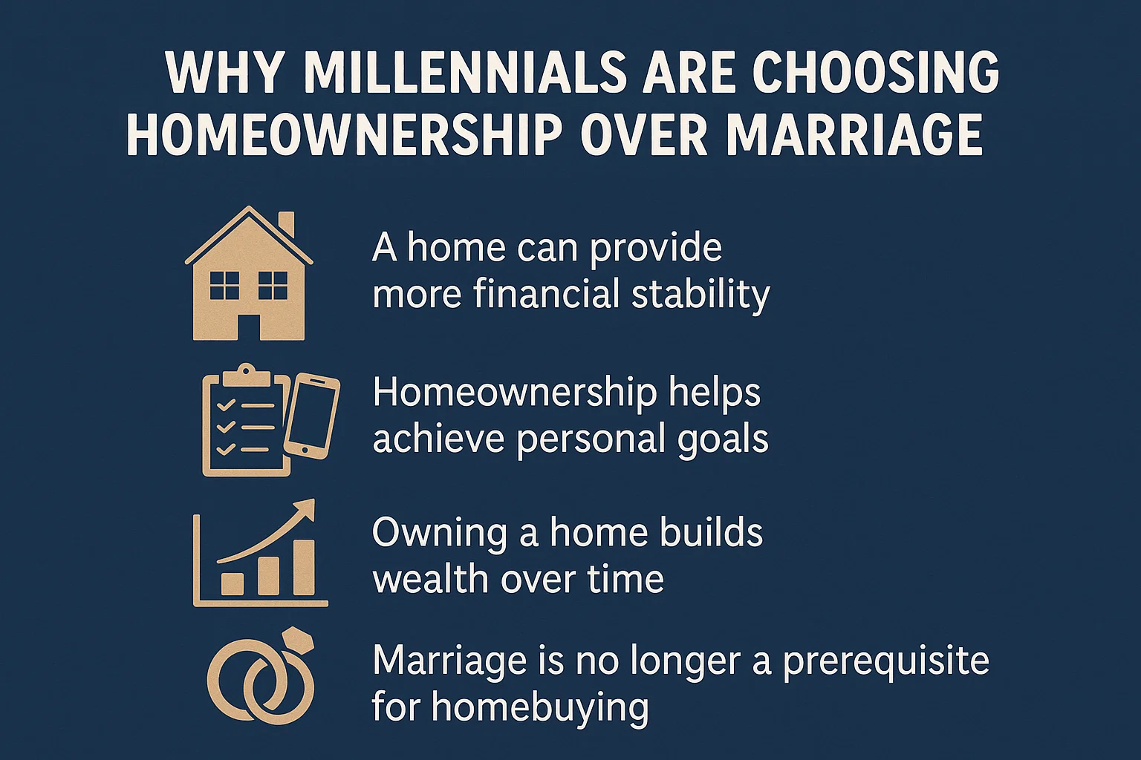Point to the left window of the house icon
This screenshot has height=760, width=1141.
[x=224, y=285]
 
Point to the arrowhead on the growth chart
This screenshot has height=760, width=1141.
[x=304, y=511]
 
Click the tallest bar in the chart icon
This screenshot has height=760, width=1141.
[x=304, y=567]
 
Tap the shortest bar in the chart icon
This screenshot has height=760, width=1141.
[x=233, y=583]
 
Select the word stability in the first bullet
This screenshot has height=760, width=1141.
[x=700, y=294]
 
